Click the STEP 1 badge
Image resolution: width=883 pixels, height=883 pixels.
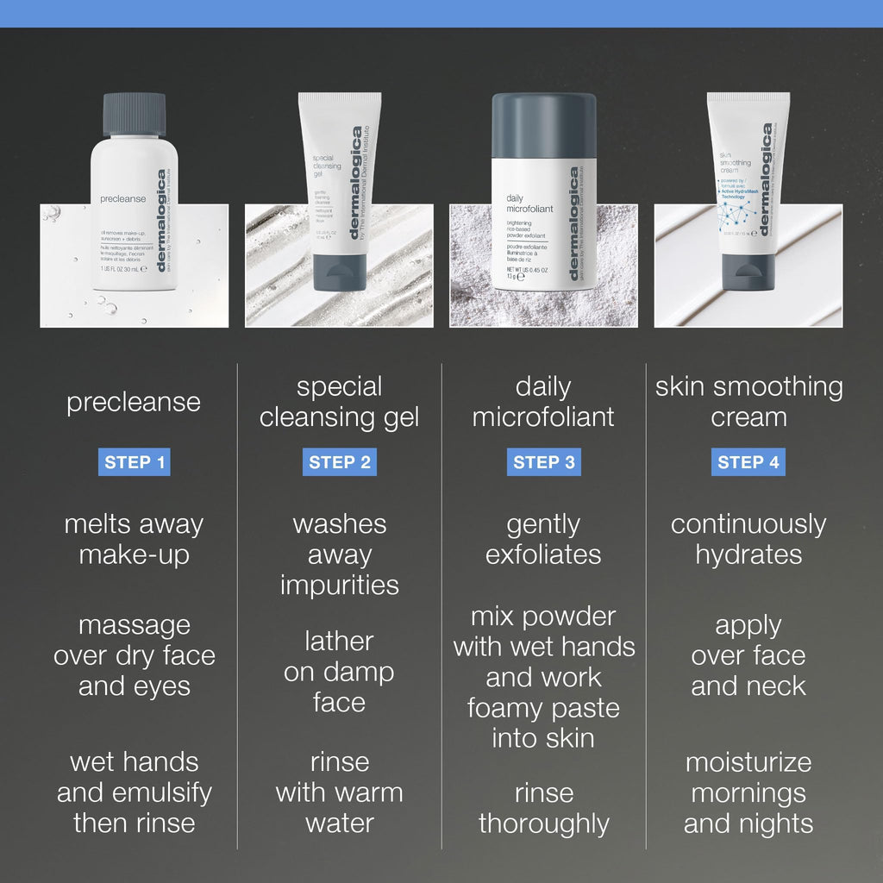135,462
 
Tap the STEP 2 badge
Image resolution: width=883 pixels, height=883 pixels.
339,462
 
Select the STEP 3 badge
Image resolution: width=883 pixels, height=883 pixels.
543,462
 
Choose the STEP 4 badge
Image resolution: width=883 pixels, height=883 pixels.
748,462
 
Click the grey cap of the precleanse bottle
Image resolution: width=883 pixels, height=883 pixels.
134,113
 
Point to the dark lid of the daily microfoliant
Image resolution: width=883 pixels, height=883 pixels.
543,125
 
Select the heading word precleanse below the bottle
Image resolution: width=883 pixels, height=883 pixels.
134,402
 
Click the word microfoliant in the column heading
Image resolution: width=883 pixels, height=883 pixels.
543,417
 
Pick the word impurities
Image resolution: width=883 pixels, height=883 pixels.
339,586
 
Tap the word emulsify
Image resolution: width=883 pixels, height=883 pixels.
163,792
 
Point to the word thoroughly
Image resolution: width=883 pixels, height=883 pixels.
543,824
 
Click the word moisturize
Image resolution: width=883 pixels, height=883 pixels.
748,762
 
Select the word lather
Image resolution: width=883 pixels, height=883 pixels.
339,642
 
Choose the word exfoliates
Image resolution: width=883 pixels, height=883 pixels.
543,554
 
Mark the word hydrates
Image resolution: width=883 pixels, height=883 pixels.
748,554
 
